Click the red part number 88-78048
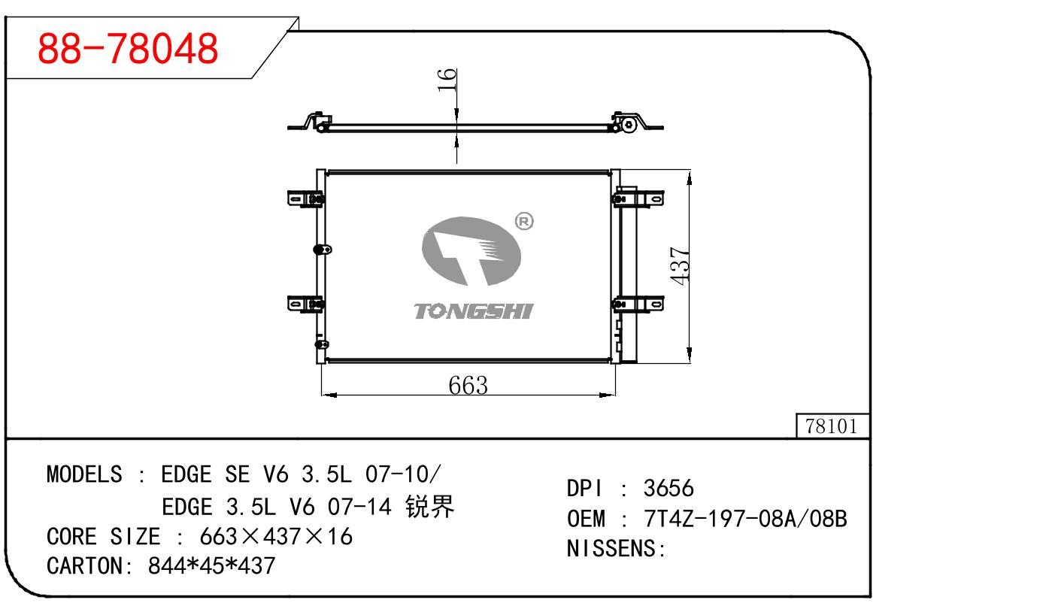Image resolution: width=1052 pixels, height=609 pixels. [128, 49]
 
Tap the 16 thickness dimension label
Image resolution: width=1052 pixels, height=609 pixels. [447, 79]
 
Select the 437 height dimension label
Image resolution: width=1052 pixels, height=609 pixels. [680, 265]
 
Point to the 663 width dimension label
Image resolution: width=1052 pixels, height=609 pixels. [468, 385]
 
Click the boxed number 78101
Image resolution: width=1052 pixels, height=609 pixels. [832, 426]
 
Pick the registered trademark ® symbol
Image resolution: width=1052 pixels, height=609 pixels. [523, 222]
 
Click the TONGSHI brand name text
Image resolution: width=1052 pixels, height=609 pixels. [473, 311]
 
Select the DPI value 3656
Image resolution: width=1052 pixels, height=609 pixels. [668, 488]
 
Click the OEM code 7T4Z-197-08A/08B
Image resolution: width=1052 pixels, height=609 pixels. [746, 518]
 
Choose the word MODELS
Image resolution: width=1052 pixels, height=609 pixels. [83, 474]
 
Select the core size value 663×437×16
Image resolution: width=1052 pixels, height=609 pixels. [276, 536]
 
